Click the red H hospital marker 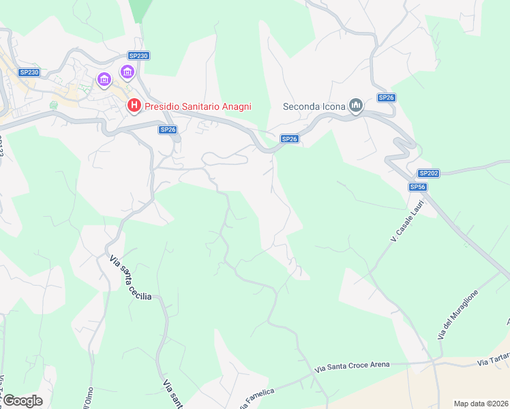[x=134, y=106]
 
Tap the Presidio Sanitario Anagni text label [x=198, y=106]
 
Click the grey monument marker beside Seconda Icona [x=355, y=105]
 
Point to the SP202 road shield [x=428, y=173]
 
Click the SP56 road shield [x=418, y=187]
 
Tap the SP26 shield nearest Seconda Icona [x=387, y=97]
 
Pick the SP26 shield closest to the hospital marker [x=168, y=130]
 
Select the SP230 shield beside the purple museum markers [x=138, y=56]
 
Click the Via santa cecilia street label [x=130, y=277]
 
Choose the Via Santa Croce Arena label [x=352, y=367]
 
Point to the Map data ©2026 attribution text [x=481, y=404]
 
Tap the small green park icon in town [x=54, y=105]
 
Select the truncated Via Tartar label [x=493, y=362]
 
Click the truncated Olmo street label [x=87, y=399]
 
